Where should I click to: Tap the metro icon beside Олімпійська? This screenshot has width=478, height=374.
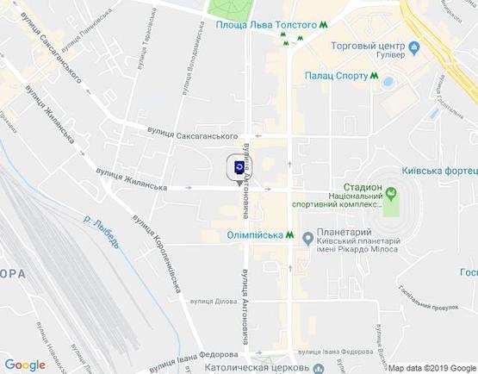coord(292,234)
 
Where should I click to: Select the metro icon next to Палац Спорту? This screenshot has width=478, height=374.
coord(375,76)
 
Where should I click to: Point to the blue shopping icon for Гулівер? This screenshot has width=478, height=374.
coord(414,47)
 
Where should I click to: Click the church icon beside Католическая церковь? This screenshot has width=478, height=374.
coord(319,368)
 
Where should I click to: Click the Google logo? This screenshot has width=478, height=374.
coord(25,365)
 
